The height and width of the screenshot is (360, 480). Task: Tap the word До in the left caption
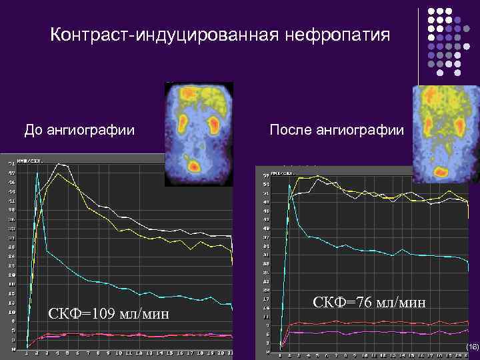[x=33, y=129]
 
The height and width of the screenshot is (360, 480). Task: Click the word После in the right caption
[x=291, y=129]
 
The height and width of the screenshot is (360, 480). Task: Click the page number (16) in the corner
[x=473, y=347]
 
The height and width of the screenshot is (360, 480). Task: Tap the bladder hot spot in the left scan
[x=193, y=166]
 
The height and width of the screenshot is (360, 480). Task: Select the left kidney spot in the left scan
[x=182, y=123]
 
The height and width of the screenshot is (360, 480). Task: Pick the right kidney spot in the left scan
[x=214, y=123]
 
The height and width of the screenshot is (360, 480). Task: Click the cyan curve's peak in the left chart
[x=37, y=171]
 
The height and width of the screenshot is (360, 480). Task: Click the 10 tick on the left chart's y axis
[x=11, y=311]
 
